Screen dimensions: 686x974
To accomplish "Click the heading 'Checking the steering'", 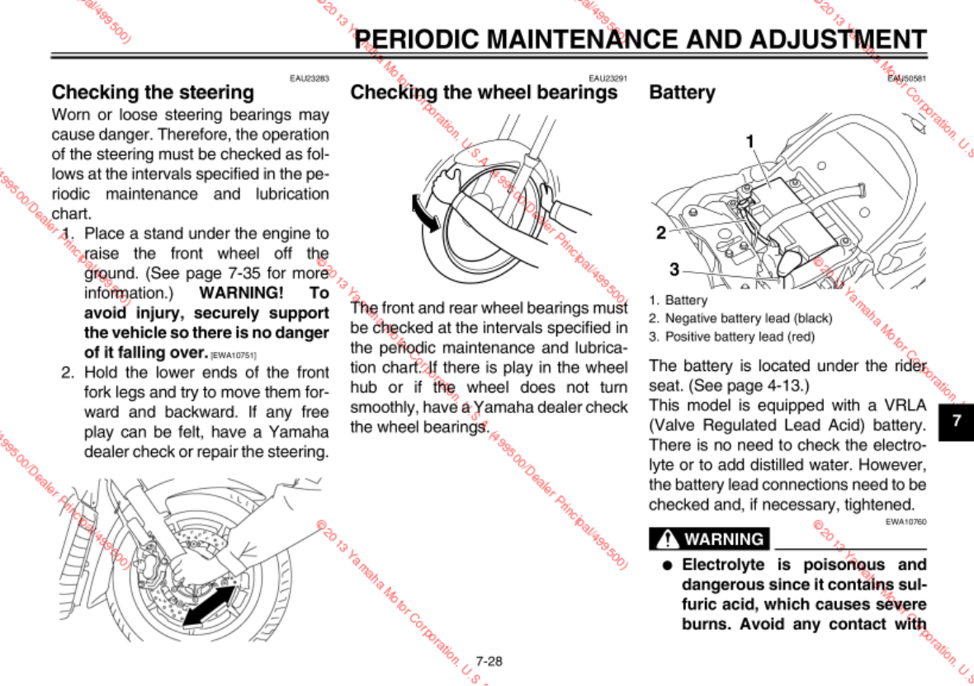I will pyautogui.click(x=153, y=92).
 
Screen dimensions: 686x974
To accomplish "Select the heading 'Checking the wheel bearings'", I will pyautogui.click(x=484, y=92).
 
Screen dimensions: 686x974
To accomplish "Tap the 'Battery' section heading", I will pyautogui.click(x=682, y=92).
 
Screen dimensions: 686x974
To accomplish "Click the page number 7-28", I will pyautogui.click(x=489, y=661).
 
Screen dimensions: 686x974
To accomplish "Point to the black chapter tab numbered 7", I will pyautogui.click(x=957, y=421).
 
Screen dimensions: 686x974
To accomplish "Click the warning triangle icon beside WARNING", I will pyautogui.click(x=665, y=540).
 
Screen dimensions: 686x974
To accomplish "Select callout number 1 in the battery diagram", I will pyautogui.click(x=750, y=141).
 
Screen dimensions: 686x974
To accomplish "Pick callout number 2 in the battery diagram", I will pyautogui.click(x=660, y=233).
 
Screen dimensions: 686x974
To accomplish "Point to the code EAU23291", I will pyautogui.click(x=608, y=78).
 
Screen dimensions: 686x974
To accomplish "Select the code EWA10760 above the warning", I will pyautogui.click(x=906, y=521).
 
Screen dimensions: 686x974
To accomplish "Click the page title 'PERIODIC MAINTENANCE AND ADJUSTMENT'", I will pyautogui.click(x=641, y=40).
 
